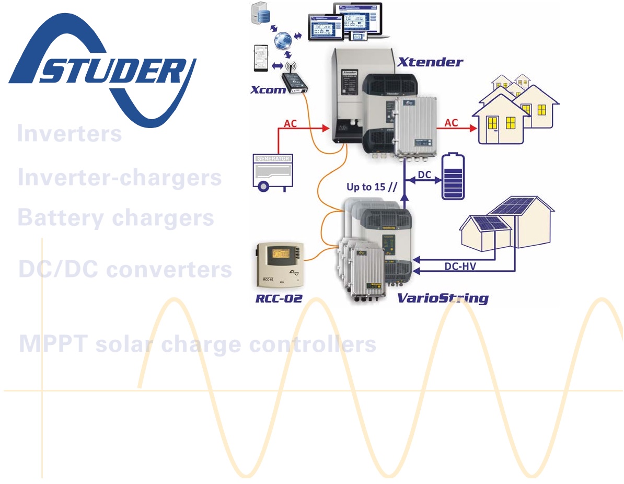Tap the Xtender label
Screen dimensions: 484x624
click(430, 62)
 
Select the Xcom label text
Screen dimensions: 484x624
click(268, 90)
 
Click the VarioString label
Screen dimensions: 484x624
click(443, 298)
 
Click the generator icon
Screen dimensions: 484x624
click(272, 170)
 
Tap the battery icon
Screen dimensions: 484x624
click(453, 177)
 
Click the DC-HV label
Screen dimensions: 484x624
click(460, 266)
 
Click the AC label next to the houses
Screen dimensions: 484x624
click(450, 123)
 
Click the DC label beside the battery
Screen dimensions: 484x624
click(424, 175)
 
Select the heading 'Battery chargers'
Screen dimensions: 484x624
click(115, 217)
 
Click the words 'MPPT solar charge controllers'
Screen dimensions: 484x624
click(198, 344)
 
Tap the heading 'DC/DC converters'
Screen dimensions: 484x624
click(125, 269)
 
